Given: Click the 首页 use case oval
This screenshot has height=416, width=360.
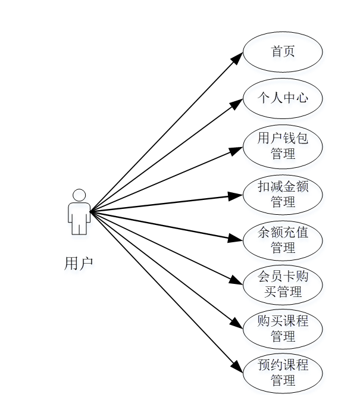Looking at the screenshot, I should point(283,52).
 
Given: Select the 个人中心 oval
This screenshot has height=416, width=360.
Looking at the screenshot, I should point(283,98).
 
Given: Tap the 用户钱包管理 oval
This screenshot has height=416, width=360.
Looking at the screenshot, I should point(283,146).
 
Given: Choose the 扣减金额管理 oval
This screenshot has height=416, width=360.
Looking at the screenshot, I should point(283,193).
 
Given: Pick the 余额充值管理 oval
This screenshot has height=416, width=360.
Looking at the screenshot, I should point(283,239).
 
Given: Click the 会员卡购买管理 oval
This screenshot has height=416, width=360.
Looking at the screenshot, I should point(283,284).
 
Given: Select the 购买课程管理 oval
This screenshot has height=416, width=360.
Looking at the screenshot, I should point(283,328).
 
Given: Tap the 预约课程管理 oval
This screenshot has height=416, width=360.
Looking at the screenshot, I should point(283,373).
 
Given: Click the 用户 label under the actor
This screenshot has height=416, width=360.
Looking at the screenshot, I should point(79,264).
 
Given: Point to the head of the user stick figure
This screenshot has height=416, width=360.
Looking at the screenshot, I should point(79,195).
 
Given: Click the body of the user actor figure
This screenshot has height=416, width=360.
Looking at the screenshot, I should point(79,215).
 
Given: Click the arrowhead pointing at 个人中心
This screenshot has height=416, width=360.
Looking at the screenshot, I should point(237,103).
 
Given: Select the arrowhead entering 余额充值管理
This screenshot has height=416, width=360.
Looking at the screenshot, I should point(237,239).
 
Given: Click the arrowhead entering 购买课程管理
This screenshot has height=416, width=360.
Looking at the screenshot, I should point(237,324).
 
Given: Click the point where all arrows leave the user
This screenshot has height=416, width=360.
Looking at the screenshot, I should point(90,211).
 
